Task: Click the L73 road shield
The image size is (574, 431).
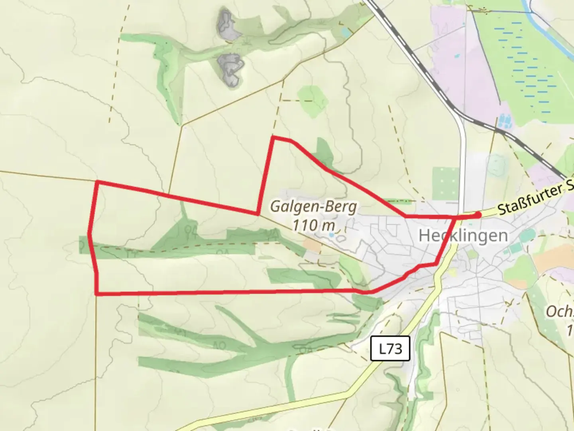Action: point(390,349)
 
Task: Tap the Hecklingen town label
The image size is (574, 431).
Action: point(463,235)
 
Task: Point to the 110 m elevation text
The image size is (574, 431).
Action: point(313,225)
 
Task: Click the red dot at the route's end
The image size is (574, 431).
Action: point(477,215)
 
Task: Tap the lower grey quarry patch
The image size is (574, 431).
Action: point(230,69)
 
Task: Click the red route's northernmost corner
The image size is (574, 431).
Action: point(273,138)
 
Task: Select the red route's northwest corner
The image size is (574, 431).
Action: point(97,182)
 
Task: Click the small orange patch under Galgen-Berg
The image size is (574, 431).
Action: point(313,246)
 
